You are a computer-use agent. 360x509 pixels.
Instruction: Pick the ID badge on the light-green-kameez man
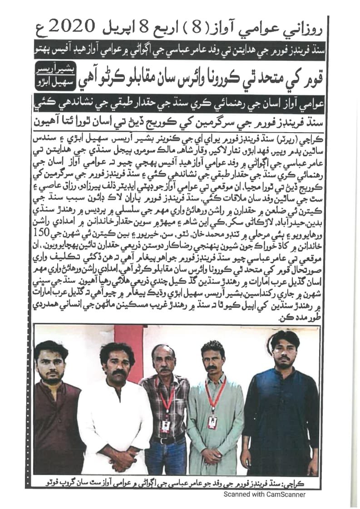coord(212,422)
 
